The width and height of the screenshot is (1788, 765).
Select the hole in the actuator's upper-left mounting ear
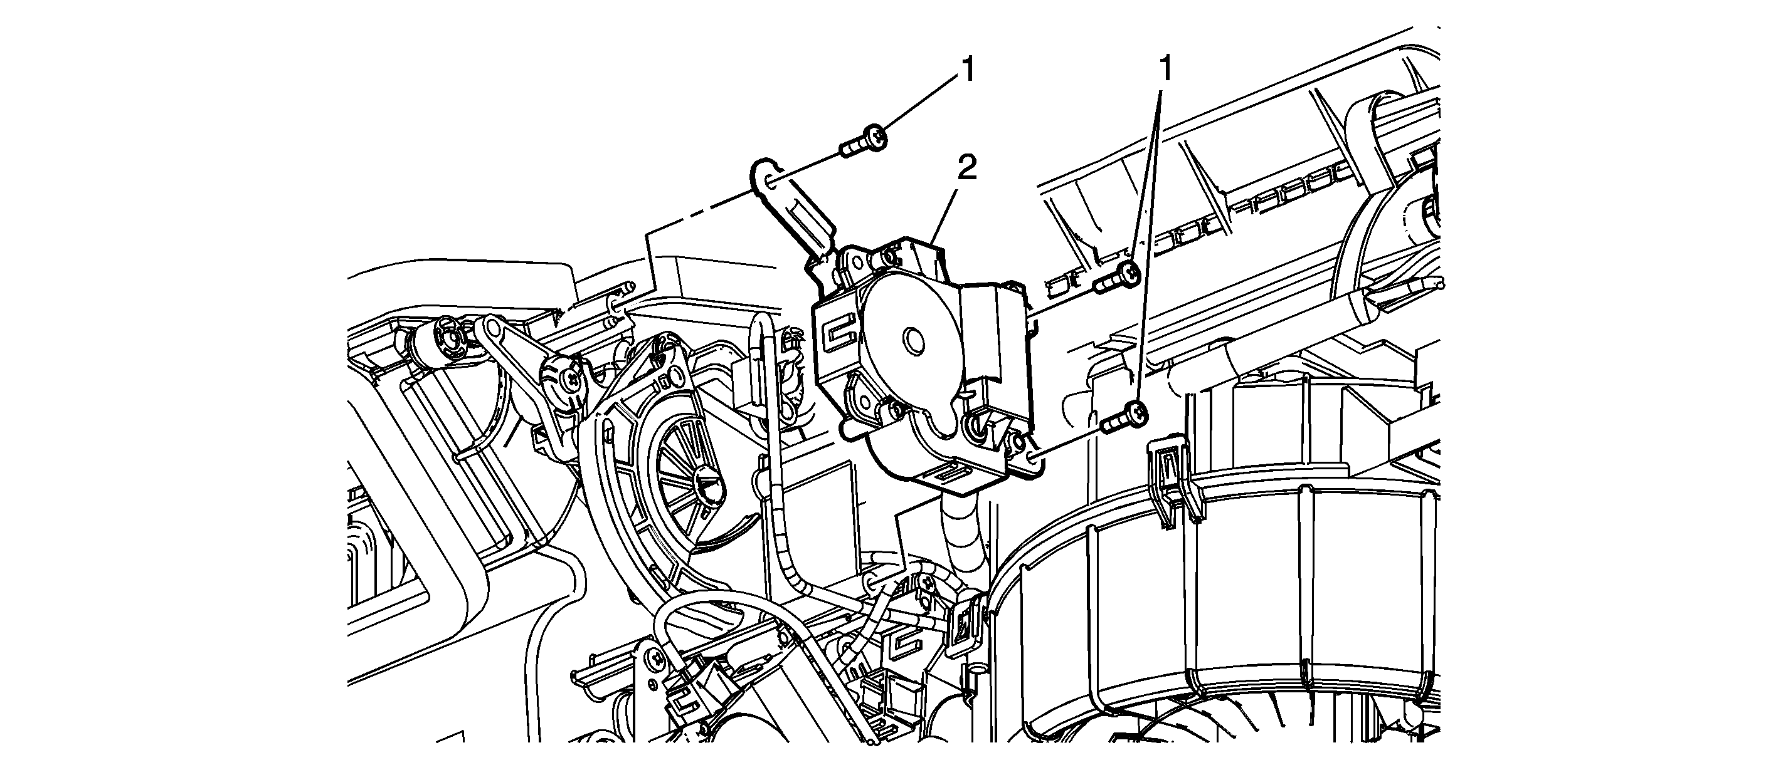click(x=858, y=261)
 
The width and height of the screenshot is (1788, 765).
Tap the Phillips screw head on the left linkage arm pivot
click(x=571, y=378)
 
